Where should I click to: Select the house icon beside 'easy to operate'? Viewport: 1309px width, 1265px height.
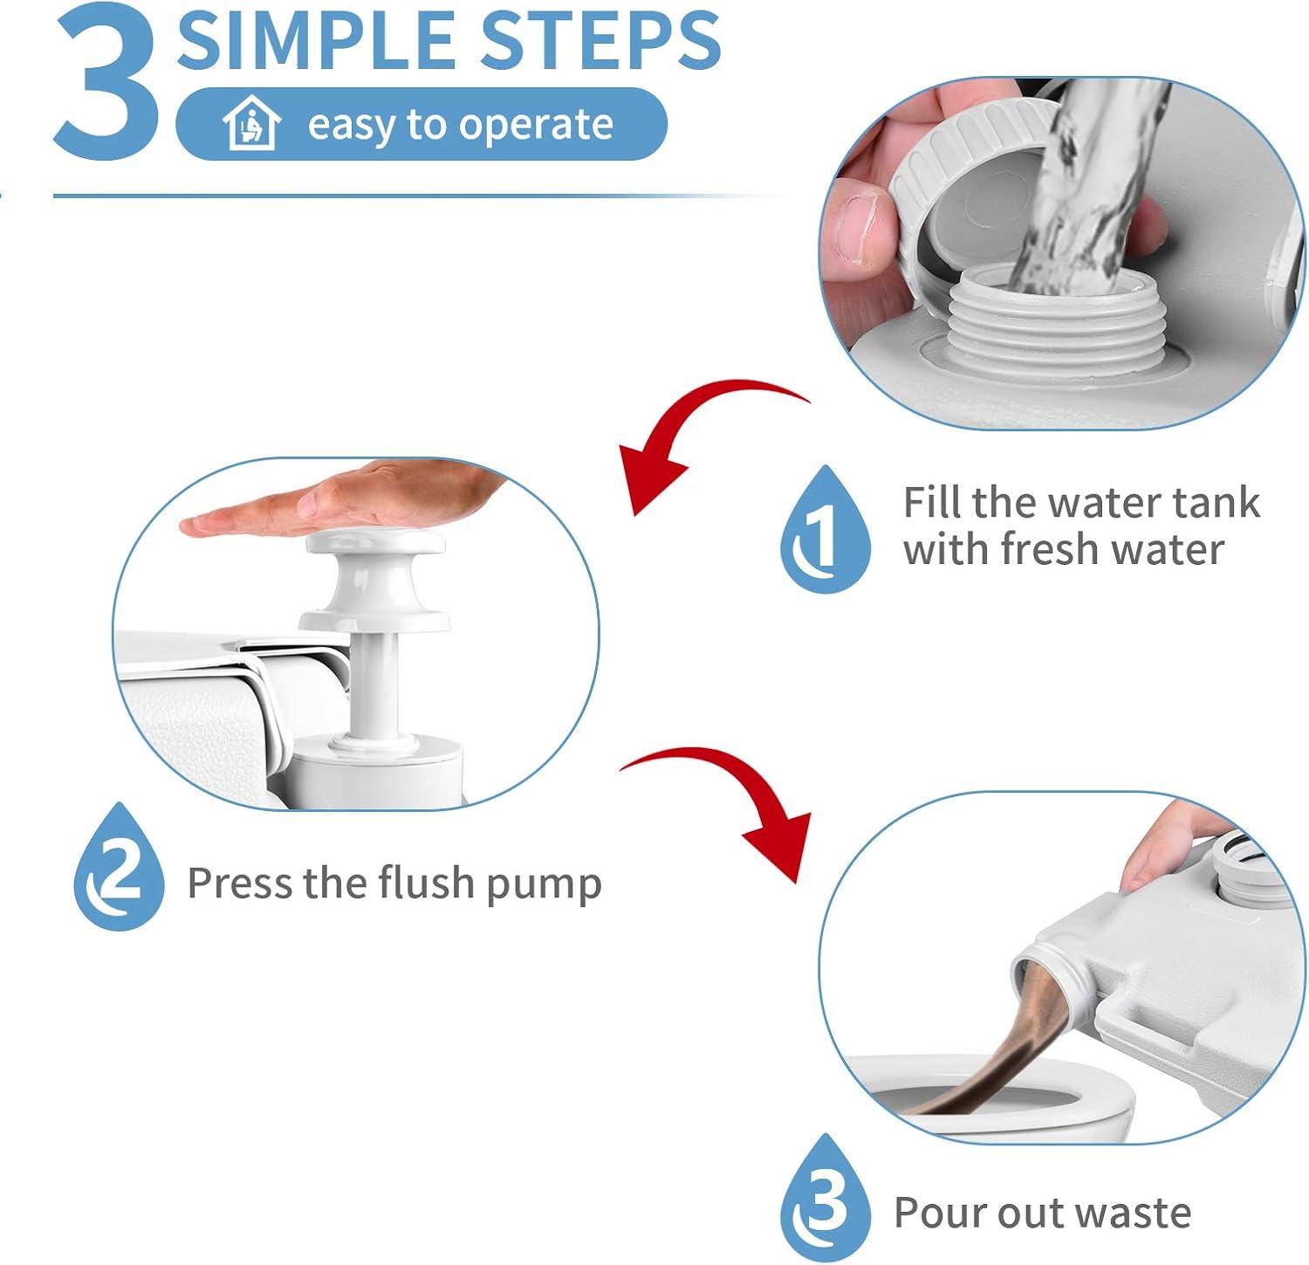coord(251,123)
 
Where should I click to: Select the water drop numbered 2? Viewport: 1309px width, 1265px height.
coord(119,867)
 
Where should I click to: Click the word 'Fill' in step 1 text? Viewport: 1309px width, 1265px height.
coord(931,503)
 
